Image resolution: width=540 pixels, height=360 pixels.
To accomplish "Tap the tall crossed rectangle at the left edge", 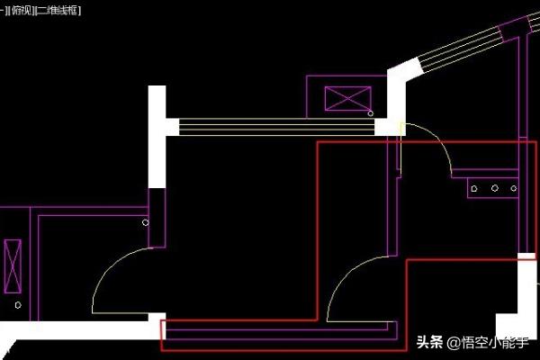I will (13, 266).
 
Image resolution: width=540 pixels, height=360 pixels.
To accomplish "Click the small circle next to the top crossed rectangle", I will (371, 113).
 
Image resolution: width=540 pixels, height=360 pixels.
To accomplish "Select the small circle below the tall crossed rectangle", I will (17, 305).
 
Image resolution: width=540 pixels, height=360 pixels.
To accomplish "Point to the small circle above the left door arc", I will (146, 221).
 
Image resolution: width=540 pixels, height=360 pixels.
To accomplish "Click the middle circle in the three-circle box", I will (494, 189).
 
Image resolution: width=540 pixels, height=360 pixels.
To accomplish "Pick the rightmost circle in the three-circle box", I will (513, 189).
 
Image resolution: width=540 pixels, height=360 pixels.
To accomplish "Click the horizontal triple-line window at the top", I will (270, 127).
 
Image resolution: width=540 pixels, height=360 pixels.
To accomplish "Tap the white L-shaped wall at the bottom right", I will (520, 306).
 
